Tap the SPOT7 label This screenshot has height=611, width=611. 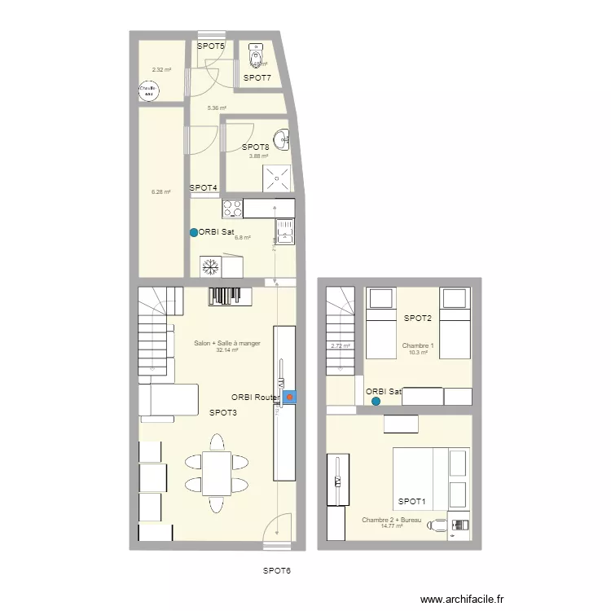point(257,77)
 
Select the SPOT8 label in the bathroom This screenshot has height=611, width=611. point(255,147)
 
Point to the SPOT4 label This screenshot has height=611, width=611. point(204,188)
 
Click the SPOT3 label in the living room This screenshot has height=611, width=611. point(222,413)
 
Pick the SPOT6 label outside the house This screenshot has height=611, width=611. point(276,571)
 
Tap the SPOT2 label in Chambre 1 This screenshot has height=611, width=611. point(417,318)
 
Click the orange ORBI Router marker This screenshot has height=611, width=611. point(289,398)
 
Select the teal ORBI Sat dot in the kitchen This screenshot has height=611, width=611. point(193,232)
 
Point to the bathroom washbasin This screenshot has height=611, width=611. point(282,139)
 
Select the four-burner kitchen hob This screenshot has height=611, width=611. point(232,209)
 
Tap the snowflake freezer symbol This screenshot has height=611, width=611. point(209,266)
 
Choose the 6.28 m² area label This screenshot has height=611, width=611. point(160,192)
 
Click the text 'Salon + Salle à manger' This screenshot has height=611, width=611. point(227,343)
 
